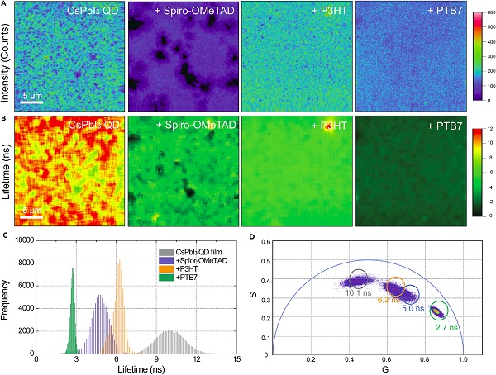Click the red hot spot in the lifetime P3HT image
(x=329, y=126)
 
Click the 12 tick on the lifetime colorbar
(x=484, y=129)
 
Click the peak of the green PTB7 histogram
(x=72, y=268)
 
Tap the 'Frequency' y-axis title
(x=7, y=297)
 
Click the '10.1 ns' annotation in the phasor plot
(x=356, y=292)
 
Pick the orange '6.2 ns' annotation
(x=389, y=301)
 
